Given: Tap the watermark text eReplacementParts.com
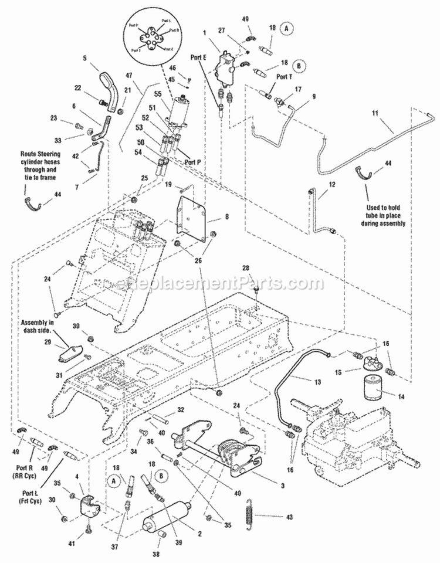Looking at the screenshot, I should (x=220, y=284).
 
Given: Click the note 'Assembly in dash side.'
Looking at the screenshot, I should (x=38, y=326).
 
